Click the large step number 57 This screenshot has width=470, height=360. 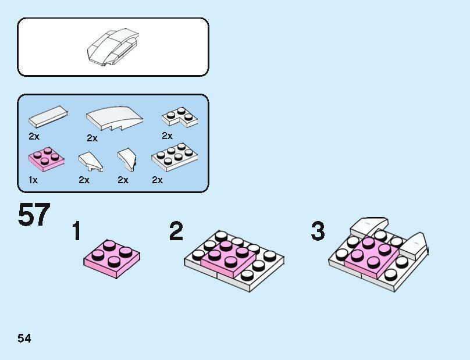(34, 215)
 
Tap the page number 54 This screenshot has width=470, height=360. (24, 338)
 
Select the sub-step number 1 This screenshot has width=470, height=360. (77, 231)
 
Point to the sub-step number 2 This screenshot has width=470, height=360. (176, 231)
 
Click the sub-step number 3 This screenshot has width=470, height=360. (318, 231)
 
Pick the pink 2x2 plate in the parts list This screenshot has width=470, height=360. (47, 159)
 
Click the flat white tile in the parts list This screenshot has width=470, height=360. (48, 116)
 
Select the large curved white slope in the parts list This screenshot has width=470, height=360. (114, 119)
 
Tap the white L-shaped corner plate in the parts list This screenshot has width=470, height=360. (180, 117)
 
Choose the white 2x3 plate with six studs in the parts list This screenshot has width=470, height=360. (175, 158)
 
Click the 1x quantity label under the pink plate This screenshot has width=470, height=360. (33, 180)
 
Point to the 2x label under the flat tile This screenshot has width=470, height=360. (34, 137)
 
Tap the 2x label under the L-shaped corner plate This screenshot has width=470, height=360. (168, 136)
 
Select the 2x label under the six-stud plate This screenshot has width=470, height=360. (158, 180)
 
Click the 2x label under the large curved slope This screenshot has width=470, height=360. (92, 138)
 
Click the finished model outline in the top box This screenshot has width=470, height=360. (113, 47)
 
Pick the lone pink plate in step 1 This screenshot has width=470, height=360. (112, 259)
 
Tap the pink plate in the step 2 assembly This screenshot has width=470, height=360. (229, 259)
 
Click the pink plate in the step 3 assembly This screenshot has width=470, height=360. (372, 257)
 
